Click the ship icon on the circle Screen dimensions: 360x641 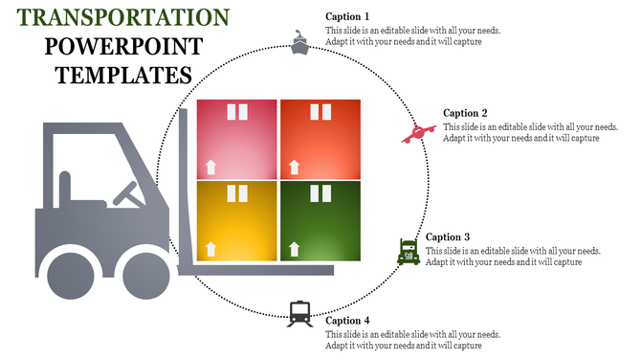(300, 44)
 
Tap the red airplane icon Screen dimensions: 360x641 (418, 133)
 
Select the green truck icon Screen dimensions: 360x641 (409, 252)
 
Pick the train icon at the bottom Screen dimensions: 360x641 (300, 313)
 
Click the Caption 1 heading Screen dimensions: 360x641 (347, 16)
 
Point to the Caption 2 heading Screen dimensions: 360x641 (466, 113)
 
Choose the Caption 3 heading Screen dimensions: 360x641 (448, 236)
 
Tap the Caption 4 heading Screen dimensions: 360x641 (347, 321)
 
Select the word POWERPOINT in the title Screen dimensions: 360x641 (122, 46)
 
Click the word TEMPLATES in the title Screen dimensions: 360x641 (122, 74)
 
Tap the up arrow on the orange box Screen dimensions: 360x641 (294, 168)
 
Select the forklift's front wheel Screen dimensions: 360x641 (150, 269)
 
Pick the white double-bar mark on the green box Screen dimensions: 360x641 (320, 194)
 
